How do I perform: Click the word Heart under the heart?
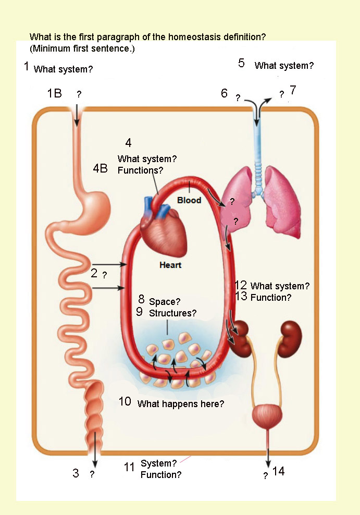coord(170,265)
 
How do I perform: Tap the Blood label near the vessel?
coord(189,200)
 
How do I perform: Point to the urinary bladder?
coord(267,416)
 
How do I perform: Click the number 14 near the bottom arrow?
coord(278,471)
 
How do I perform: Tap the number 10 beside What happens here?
coord(125,401)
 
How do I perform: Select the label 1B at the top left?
coord(55,93)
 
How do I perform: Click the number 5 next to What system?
coord(241,63)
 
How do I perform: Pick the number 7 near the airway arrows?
coord(293,90)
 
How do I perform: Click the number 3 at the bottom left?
coord(76,473)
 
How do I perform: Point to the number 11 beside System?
coord(129,467)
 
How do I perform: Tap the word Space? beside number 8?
coord(165,301)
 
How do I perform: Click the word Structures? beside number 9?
coord(172,313)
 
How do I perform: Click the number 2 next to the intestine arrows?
coord(94,273)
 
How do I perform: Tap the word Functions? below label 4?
coord(140,170)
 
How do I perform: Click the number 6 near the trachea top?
coord(224,93)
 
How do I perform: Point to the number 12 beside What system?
coord(241,285)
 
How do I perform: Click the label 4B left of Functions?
coord(101,168)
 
